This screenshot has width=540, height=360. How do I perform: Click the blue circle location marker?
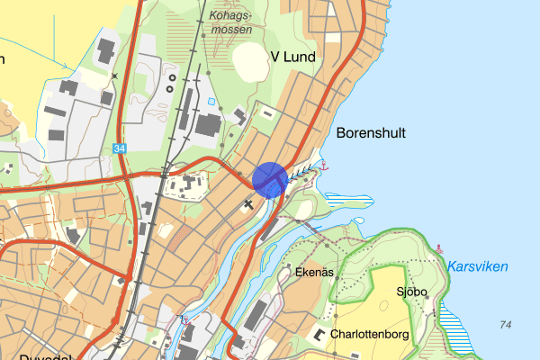[270, 179]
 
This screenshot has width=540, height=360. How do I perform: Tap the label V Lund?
[293, 58]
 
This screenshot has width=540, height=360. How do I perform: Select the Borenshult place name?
[371, 133]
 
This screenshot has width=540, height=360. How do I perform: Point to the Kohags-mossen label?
[230, 22]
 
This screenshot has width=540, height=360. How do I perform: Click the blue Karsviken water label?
[477, 267]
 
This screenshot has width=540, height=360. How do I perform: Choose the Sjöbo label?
[410, 292]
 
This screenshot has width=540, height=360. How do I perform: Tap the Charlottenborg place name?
[370, 334]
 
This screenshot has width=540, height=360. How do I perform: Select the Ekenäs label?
[315, 272]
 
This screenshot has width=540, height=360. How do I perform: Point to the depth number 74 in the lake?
[504, 324]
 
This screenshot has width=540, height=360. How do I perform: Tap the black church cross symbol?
[249, 205]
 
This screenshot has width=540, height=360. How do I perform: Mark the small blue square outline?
[211, 102]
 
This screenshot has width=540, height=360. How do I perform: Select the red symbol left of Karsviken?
[439, 248]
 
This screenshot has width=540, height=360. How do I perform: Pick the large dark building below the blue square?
[210, 126]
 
